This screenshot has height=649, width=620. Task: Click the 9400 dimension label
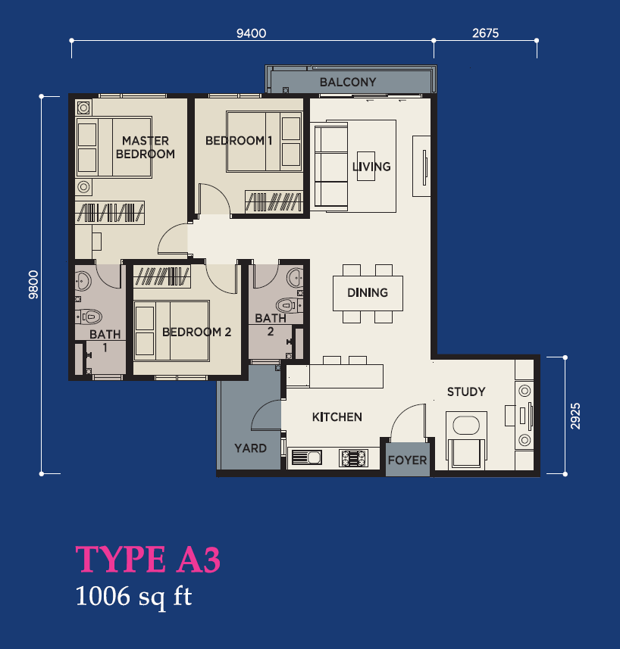coord(251,33)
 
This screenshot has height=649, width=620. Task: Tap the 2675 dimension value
coord(485,33)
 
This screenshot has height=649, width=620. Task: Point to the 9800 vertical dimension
coord(33,285)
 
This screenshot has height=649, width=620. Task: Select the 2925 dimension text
coord(575,416)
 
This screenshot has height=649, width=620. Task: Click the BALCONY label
coord(348,82)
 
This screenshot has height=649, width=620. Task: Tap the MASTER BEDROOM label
coord(146,148)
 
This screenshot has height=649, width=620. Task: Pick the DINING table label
coord(368,292)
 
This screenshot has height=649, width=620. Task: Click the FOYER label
coord(407,460)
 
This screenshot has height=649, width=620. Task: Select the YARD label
coord(250,448)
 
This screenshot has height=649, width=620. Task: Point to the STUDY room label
coord(466,392)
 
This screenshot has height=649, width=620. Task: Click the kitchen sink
coord(307,457)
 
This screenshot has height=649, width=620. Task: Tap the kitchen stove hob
coord(353,457)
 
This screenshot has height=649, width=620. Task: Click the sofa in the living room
coord(331,167)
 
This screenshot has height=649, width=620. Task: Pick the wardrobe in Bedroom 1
coord(274,201)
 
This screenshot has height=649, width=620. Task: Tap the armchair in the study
coord(466,440)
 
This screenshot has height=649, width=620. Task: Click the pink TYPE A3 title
coord(148,559)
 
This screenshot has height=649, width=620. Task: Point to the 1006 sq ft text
coord(133,597)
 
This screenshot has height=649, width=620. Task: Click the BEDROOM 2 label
coord(197,332)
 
